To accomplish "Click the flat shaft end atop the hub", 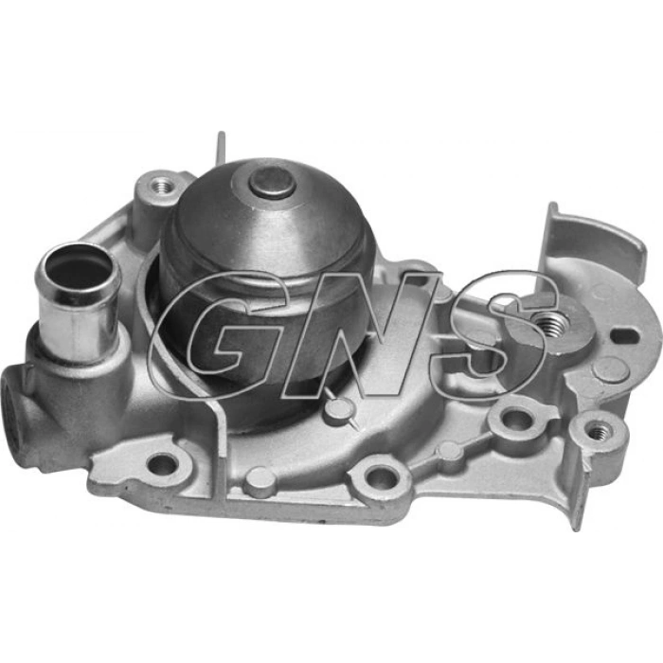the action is pyautogui.click(x=272, y=182).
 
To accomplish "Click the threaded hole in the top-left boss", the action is pyautogui.click(x=162, y=185).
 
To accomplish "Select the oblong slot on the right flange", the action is pyautogui.click(x=624, y=336).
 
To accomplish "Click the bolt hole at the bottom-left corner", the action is pyautogui.click(x=163, y=465).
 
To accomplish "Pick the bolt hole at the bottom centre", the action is pyautogui.click(x=382, y=477).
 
